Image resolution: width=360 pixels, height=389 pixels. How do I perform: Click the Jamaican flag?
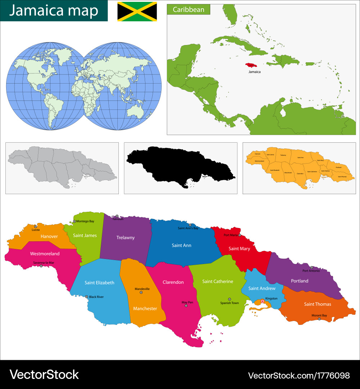click(137, 11)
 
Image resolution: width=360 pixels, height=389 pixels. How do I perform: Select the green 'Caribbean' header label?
click(188, 9)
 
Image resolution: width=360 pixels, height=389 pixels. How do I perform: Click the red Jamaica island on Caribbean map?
click(253, 66)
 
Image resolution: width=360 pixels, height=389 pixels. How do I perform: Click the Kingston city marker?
click(262, 301)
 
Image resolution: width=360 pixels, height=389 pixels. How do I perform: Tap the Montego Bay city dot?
click(74, 221)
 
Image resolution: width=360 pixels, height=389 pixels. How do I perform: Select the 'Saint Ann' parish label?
click(181, 245)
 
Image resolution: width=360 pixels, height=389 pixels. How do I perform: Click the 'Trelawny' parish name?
click(125, 237)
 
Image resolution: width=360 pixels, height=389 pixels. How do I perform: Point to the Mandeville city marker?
click(141, 292)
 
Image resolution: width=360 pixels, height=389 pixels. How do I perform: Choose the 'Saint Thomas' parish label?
click(317, 304)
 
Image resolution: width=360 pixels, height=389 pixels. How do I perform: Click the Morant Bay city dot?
click(319, 319)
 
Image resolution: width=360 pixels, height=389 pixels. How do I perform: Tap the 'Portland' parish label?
click(300, 281)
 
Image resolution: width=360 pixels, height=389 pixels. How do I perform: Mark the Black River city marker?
click(86, 297)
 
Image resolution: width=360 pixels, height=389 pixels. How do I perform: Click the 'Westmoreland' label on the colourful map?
click(45, 254)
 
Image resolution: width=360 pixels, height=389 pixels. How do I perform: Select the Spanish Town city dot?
click(229, 299)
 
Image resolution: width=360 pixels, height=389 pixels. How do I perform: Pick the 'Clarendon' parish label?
click(173, 282)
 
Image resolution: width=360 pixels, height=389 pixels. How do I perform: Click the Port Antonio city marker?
click(311, 267)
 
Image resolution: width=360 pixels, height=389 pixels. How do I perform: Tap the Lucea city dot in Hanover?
click(35, 226)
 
